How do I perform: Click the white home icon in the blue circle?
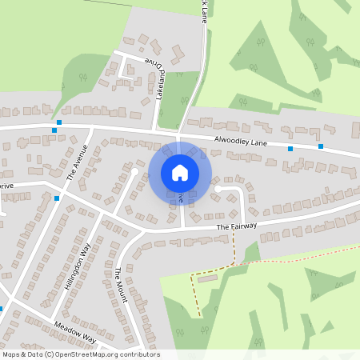coord(180,172)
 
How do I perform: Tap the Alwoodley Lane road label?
coord(240,141)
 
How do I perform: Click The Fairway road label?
coord(237,227)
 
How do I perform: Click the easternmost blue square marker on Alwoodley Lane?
coord(321,146)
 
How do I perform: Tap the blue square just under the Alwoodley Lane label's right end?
coord(290,148)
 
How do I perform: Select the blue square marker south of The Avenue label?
coord(57,198)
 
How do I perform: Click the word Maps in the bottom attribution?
coord(12,354)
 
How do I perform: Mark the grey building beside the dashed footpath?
coord(207,278)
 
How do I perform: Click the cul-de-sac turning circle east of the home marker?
coord(217,189)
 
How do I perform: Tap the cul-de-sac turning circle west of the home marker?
coord(135,171)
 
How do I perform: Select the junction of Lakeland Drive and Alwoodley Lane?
coord(154,130)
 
